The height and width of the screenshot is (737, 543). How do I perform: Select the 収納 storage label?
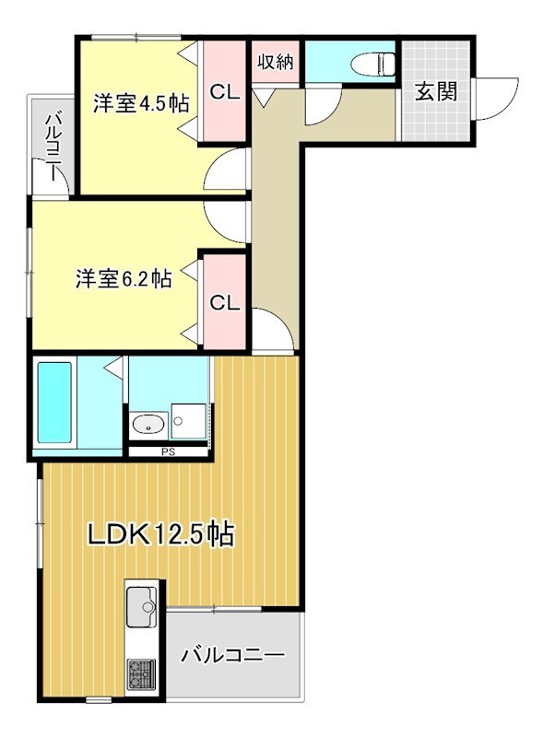pos(275,63)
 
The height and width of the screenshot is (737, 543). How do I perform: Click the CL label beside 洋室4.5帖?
pos(225,92)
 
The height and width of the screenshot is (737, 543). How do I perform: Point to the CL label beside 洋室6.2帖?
pos(224,302)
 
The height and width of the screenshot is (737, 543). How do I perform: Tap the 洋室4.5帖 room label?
pos(140,103)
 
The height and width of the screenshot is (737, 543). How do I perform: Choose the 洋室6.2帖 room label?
pos(123,278)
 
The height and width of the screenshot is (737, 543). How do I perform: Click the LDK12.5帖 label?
pos(159,533)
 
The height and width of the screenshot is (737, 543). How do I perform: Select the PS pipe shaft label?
pos(167,451)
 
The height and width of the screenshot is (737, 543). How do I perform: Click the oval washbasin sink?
pos(148,425)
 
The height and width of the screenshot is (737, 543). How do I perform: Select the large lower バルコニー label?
pos(232,656)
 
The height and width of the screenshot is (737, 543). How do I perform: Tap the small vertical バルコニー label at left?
pos(53,138)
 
